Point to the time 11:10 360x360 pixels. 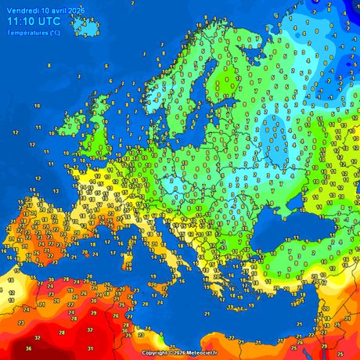23,22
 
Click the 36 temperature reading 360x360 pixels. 29,348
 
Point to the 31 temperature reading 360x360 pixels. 91,348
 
